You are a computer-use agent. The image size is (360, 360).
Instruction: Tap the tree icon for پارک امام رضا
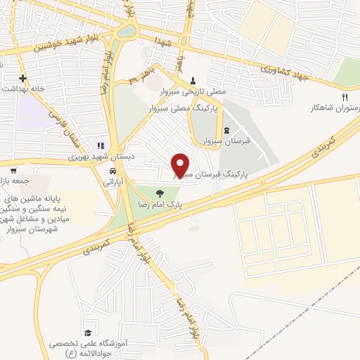tap(160, 192)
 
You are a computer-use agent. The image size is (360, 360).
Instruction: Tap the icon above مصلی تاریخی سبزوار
tap(193, 80)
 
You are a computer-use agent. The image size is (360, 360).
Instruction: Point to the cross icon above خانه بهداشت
tap(23, 77)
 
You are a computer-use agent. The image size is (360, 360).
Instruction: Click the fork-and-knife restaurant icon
tap(344, 97)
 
